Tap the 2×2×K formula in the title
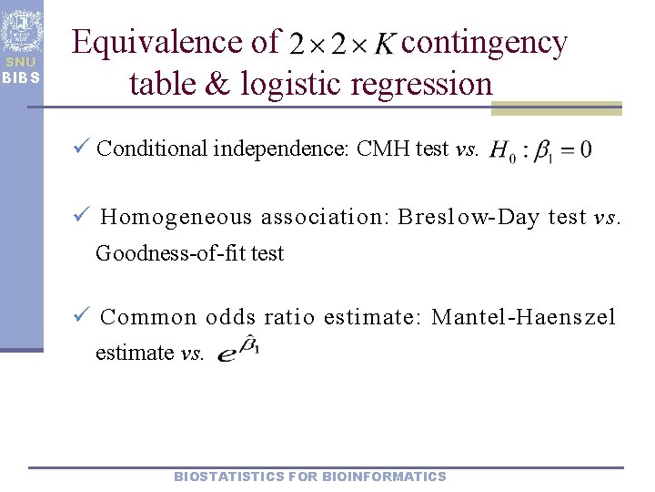point(342,43)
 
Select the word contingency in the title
point(484,42)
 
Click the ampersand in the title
point(219,84)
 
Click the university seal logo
point(21,30)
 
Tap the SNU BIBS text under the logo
point(21,69)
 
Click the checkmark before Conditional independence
point(81,148)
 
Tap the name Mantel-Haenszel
point(524,318)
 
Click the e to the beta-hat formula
point(239,351)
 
